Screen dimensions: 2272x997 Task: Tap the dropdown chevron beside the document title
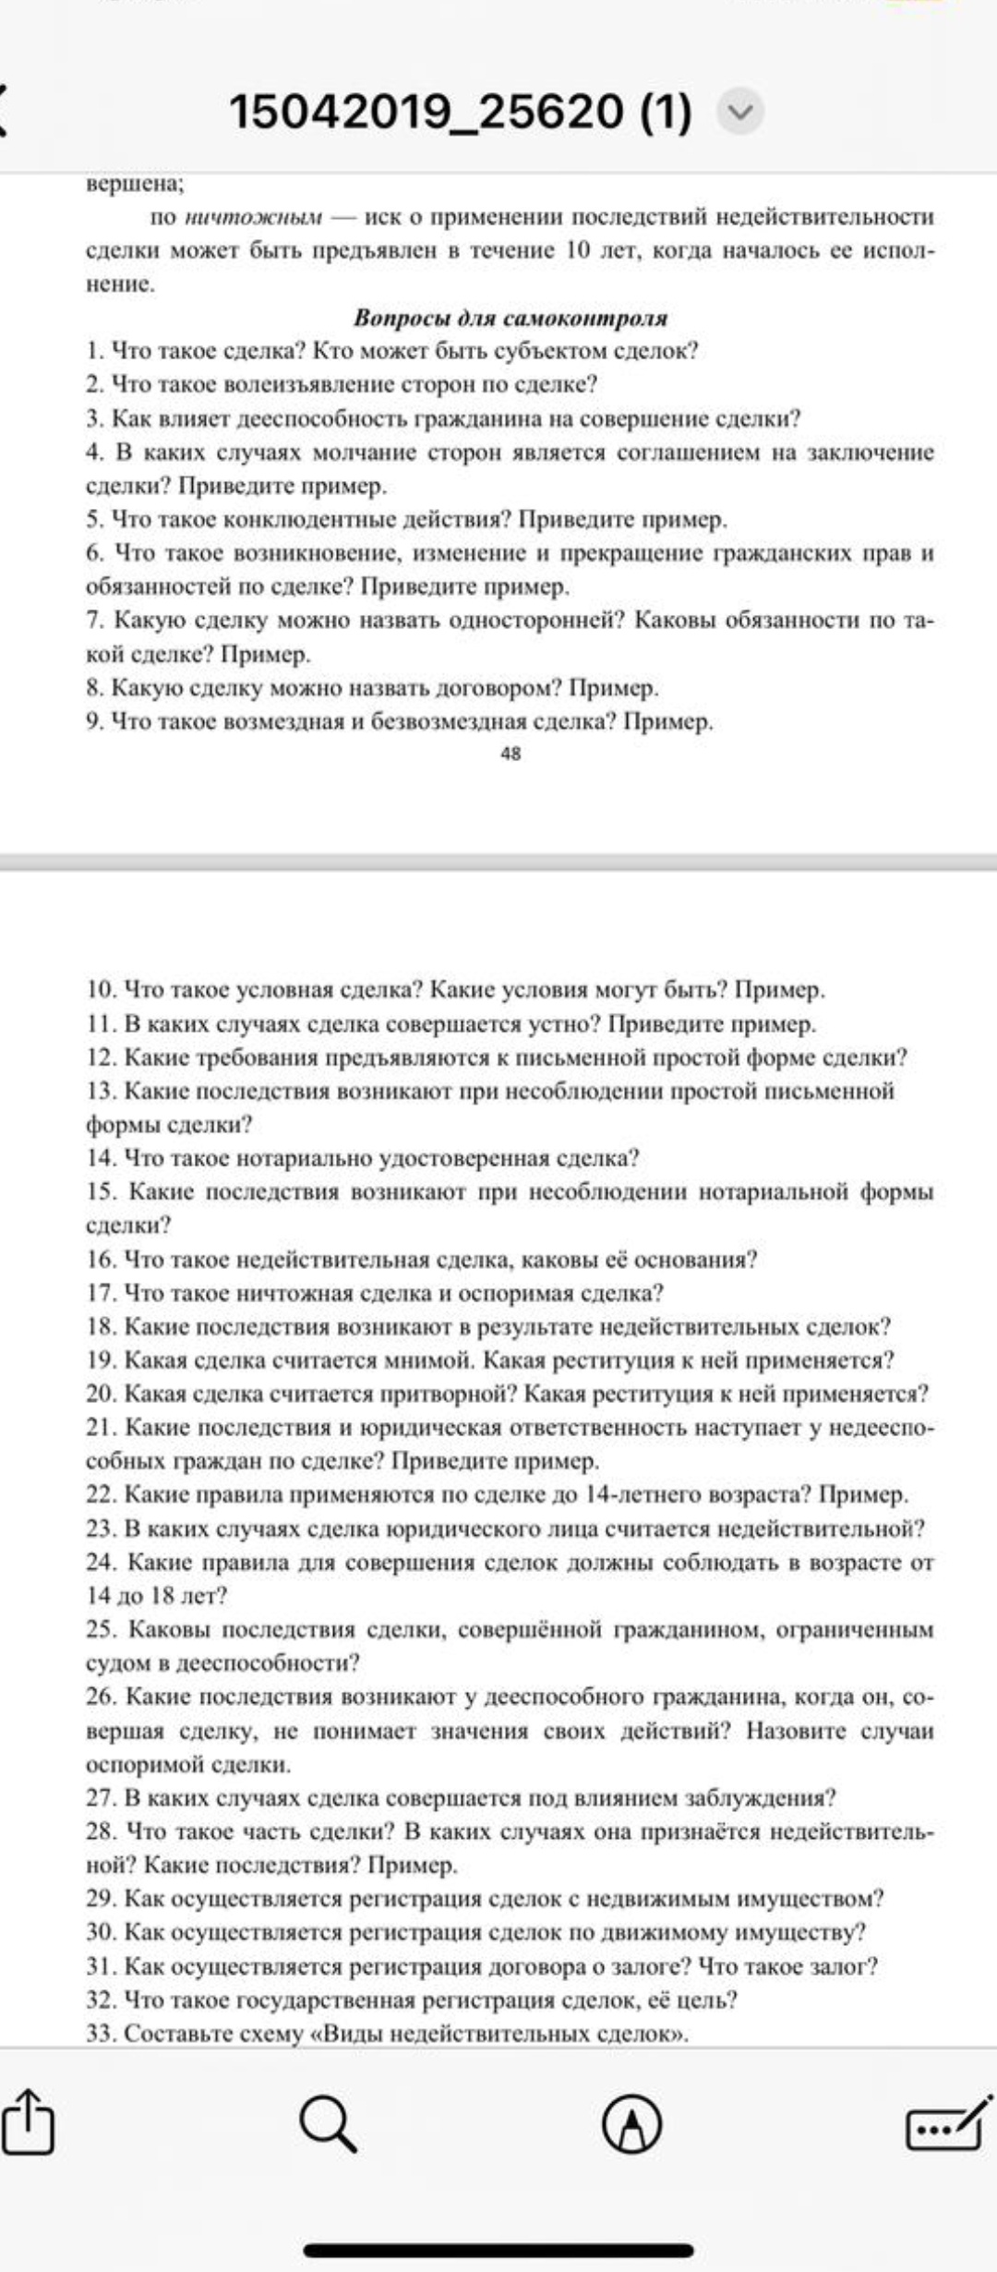(740, 113)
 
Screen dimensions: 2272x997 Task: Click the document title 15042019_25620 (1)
(459, 113)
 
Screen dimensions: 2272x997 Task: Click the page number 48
(511, 754)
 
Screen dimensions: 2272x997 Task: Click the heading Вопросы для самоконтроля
(511, 319)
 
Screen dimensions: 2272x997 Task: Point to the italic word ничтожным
(254, 218)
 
